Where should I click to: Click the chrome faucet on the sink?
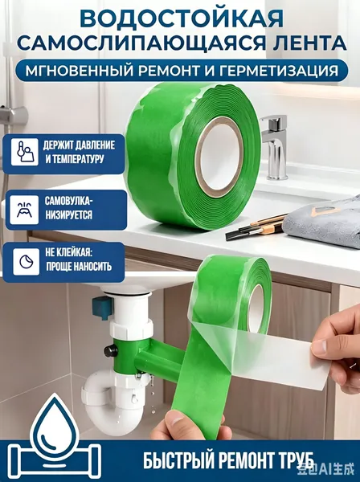click(276, 147)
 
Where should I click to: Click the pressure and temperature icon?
click(25, 152)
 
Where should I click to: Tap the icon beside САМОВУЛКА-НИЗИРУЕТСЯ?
click(24, 210)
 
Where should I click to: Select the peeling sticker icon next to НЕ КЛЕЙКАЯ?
click(27, 262)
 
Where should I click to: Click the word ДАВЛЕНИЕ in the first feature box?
click(93, 145)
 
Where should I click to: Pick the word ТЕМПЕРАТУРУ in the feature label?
click(77, 159)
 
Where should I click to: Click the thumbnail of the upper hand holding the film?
click(321, 346)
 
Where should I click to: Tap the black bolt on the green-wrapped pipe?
click(109, 349)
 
